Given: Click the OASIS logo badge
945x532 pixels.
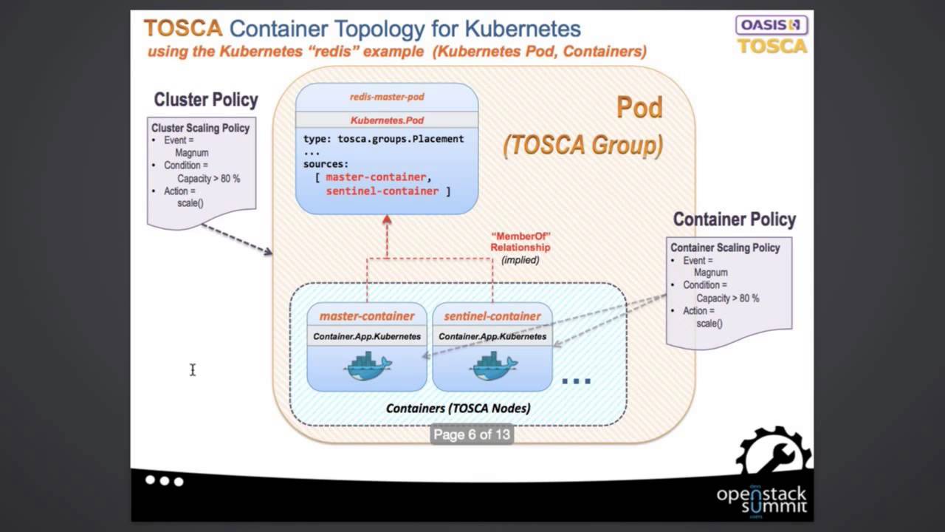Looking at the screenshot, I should pyautogui.click(x=772, y=24).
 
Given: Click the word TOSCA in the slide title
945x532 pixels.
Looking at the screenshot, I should pyautogui.click(x=182, y=29).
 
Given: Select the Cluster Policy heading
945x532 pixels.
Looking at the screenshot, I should pyautogui.click(x=205, y=100).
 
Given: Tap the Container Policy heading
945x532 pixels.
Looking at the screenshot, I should pyautogui.click(x=734, y=219).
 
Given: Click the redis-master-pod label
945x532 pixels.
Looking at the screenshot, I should pyautogui.click(x=387, y=97).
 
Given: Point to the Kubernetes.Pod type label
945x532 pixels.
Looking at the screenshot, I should pyautogui.click(x=387, y=120).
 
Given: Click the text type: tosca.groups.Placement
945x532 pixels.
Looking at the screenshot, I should pyautogui.click(x=383, y=139).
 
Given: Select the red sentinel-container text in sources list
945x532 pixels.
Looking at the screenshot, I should pyautogui.click(x=382, y=191).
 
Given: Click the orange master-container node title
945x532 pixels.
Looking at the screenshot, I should pyautogui.click(x=367, y=316).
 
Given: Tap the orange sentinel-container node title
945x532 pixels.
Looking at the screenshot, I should pyautogui.click(x=492, y=316).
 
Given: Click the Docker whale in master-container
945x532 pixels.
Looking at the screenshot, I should pyautogui.click(x=368, y=365).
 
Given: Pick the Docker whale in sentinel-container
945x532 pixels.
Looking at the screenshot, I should pyautogui.click(x=493, y=365).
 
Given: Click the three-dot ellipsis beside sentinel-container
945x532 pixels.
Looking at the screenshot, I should pyautogui.click(x=576, y=381).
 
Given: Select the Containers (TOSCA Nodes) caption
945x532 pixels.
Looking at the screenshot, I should pyautogui.click(x=458, y=408).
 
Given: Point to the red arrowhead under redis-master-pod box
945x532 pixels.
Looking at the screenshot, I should pyautogui.click(x=386, y=219).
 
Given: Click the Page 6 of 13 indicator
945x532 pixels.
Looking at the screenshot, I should pyautogui.click(x=472, y=434).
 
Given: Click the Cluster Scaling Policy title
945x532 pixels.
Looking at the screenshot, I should pyautogui.click(x=200, y=128).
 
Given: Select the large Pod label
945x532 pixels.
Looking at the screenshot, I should pyautogui.click(x=639, y=108).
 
